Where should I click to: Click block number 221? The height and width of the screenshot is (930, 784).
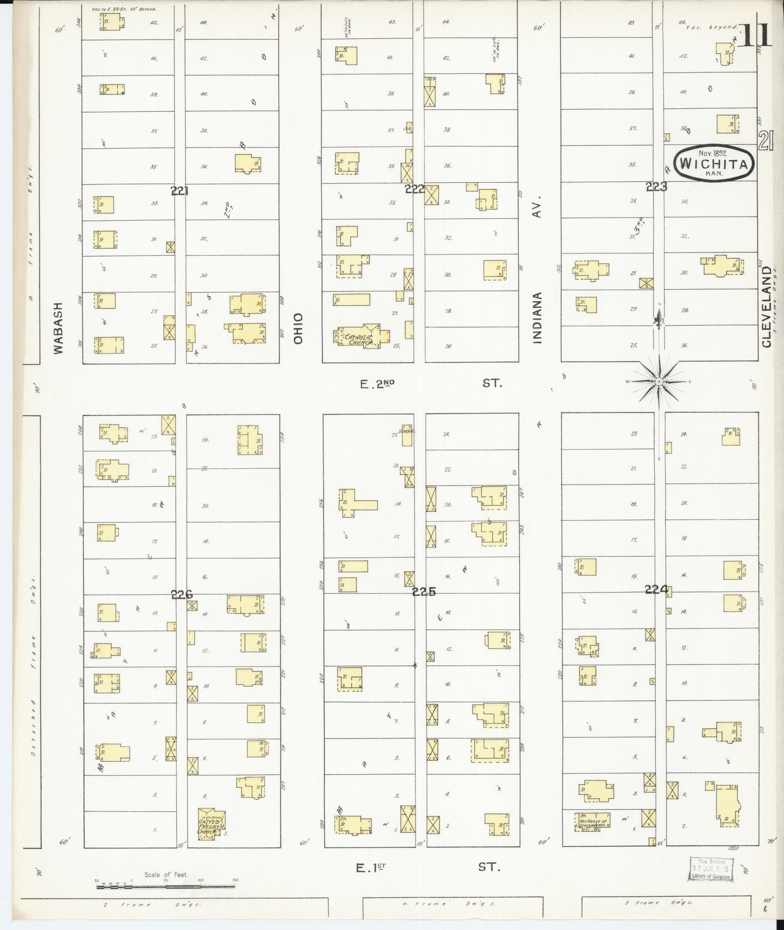point(179,190)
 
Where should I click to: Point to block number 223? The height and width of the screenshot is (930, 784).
point(656,187)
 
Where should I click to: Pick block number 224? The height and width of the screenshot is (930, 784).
point(655,590)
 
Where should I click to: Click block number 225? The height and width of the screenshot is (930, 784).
point(423,593)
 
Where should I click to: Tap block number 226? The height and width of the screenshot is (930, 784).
point(182,595)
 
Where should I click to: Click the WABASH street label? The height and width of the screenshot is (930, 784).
point(59,328)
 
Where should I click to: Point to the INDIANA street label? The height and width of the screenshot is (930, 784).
point(537,319)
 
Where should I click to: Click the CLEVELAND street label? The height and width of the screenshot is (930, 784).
point(766,307)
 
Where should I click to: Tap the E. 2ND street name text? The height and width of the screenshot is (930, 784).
point(377,384)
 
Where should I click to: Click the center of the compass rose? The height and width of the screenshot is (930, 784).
point(658,382)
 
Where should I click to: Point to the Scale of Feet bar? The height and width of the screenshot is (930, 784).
point(166,887)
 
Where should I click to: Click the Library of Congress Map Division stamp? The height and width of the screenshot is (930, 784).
point(711,870)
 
